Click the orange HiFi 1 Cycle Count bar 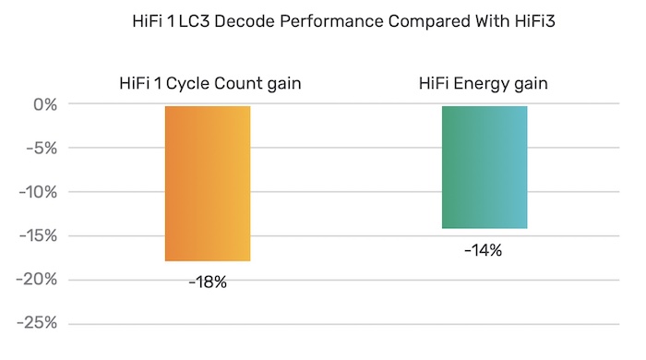[208, 184]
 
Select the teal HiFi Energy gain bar [484, 167]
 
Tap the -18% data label [208, 282]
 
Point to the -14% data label [484, 249]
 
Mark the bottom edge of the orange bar [208, 261]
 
